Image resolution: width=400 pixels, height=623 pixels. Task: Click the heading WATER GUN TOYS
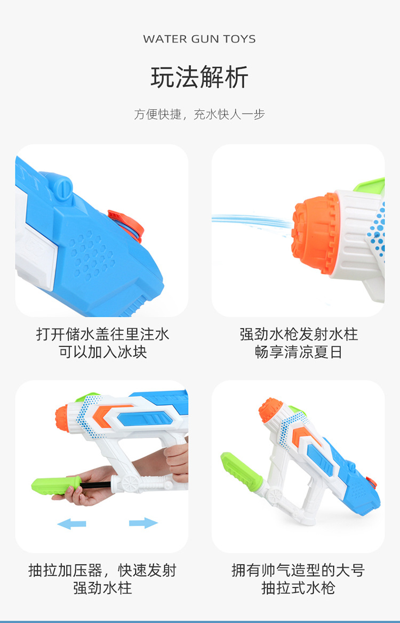point(199,39)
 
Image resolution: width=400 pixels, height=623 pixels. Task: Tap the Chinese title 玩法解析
point(199,78)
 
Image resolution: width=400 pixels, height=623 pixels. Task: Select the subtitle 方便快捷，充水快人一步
point(199,114)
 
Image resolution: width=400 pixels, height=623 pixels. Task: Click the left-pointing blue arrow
point(71,524)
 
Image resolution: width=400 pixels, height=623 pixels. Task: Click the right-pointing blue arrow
point(143,523)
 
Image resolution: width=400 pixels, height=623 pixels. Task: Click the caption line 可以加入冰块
point(102,352)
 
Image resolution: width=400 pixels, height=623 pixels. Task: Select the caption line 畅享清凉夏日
point(299,352)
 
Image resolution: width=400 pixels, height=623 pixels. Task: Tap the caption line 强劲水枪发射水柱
point(299,334)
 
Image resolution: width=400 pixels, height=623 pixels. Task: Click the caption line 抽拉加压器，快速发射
point(102,570)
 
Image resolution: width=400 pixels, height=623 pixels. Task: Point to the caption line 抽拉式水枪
point(299,588)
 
